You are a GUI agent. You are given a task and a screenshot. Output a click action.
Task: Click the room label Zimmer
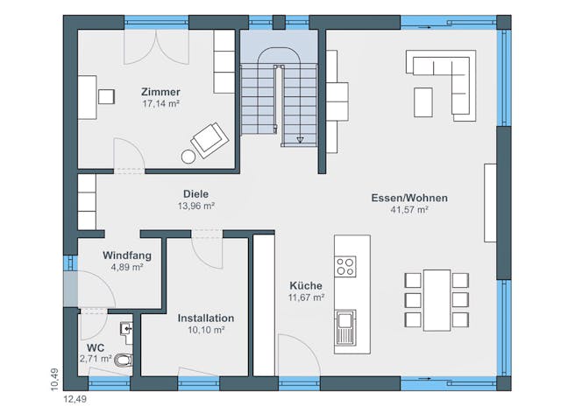pos(160,92)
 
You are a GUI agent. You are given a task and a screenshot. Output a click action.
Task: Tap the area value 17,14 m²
pos(160,103)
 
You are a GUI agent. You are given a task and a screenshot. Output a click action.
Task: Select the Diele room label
pos(196,194)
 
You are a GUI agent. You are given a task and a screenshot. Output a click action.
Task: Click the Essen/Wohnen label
pos(409,198)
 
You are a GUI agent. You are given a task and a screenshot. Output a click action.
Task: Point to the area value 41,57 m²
pos(409,210)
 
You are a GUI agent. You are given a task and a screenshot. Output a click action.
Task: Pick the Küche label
pos(307,285)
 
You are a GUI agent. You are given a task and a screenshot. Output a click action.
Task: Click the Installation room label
pos(206,318)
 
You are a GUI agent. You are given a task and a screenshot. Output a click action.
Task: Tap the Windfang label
pos(127,255)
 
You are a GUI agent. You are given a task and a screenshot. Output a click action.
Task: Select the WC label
pos(96,346)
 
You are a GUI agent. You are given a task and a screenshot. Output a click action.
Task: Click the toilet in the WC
pos(124,360)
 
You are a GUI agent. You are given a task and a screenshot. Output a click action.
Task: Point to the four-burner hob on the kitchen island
pos(346,265)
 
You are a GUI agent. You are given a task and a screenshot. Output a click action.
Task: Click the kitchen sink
pos(344,328)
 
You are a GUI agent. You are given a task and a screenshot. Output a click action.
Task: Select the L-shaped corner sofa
pos(447,78)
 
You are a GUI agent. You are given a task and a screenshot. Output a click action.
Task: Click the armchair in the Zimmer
pos(209,139)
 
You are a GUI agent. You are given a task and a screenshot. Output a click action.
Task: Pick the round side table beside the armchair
pos(188,157)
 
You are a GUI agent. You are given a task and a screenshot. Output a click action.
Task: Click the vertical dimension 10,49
pos(54,378)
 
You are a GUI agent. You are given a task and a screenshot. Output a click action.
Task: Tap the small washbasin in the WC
pos(128,329)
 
